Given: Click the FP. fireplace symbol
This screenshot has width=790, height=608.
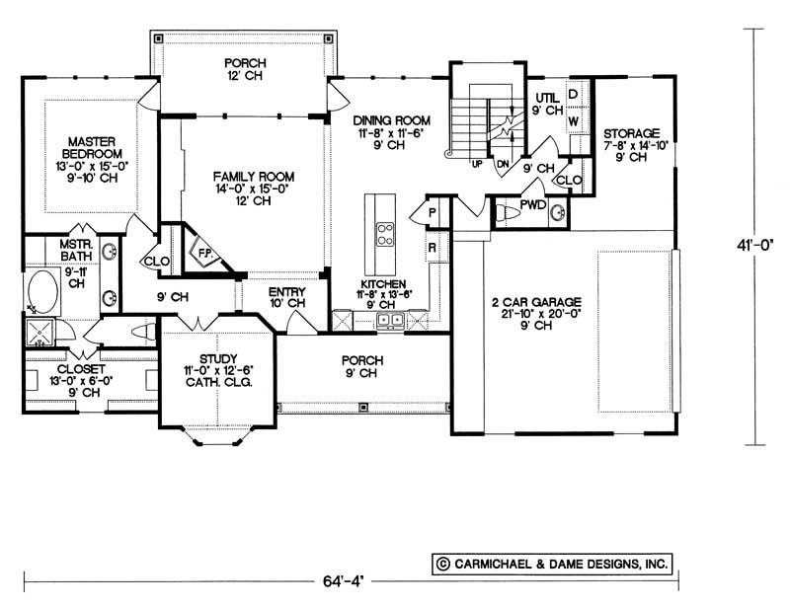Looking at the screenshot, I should pos(206,253).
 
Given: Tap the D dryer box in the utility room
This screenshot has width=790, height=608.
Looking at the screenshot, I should pos(573,96).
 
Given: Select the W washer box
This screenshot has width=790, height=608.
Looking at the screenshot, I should pos(573,120).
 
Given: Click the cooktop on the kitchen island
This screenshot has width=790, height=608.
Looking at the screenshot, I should pos(381,233).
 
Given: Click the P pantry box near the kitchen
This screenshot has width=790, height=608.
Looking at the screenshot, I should pos(433,211).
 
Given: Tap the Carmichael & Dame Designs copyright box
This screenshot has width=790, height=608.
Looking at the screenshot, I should pos(552,564).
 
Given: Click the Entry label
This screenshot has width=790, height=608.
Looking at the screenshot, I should pos(287,298).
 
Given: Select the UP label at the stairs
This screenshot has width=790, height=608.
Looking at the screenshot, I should pos(477,164).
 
